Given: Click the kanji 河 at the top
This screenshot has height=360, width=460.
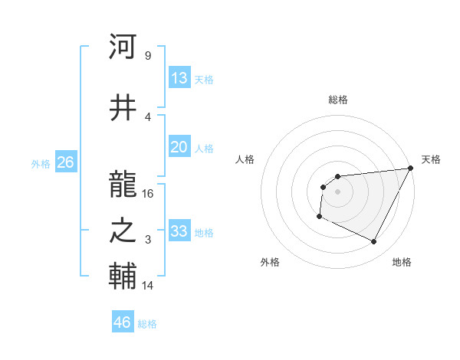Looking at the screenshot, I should click(x=123, y=47).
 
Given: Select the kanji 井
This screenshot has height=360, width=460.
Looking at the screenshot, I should click(x=123, y=109).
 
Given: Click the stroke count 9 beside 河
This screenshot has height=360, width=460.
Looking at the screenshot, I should click(x=147, y=55).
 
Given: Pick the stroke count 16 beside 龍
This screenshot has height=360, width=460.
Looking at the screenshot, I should click(x=148, y=193).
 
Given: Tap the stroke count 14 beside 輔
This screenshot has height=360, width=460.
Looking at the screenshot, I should click(x=148, y=286).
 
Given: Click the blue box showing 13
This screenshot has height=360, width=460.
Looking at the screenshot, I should click(x=179, y=77).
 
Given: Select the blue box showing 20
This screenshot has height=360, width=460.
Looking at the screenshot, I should click(x=179, y=147).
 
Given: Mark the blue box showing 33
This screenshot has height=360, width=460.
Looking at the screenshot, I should click(x=179, y=231).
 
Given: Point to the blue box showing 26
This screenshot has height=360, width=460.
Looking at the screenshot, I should click(x=65, y=162).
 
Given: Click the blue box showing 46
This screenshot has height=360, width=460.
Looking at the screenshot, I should click(x=123, y=322).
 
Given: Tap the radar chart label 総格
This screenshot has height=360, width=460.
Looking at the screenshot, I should click(x=337, y=100).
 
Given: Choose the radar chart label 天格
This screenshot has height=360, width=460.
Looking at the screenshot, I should click(x=431, y=159).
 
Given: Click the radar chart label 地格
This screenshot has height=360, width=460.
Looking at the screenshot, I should click(x=402, y=263).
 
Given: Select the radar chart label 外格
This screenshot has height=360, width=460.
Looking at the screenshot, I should click(x=270, y=263).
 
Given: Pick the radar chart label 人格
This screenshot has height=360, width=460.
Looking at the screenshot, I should click(x=245, y=159).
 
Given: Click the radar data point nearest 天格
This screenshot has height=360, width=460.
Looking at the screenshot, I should click(x=410, y=169).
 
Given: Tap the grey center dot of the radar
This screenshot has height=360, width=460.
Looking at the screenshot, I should click(x=337, y=191).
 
